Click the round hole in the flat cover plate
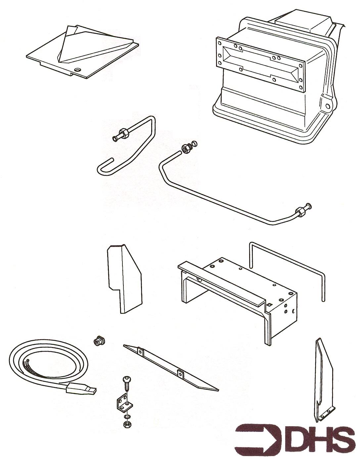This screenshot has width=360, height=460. (x=78, y=70)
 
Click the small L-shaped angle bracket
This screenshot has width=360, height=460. (x=122, y=402)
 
